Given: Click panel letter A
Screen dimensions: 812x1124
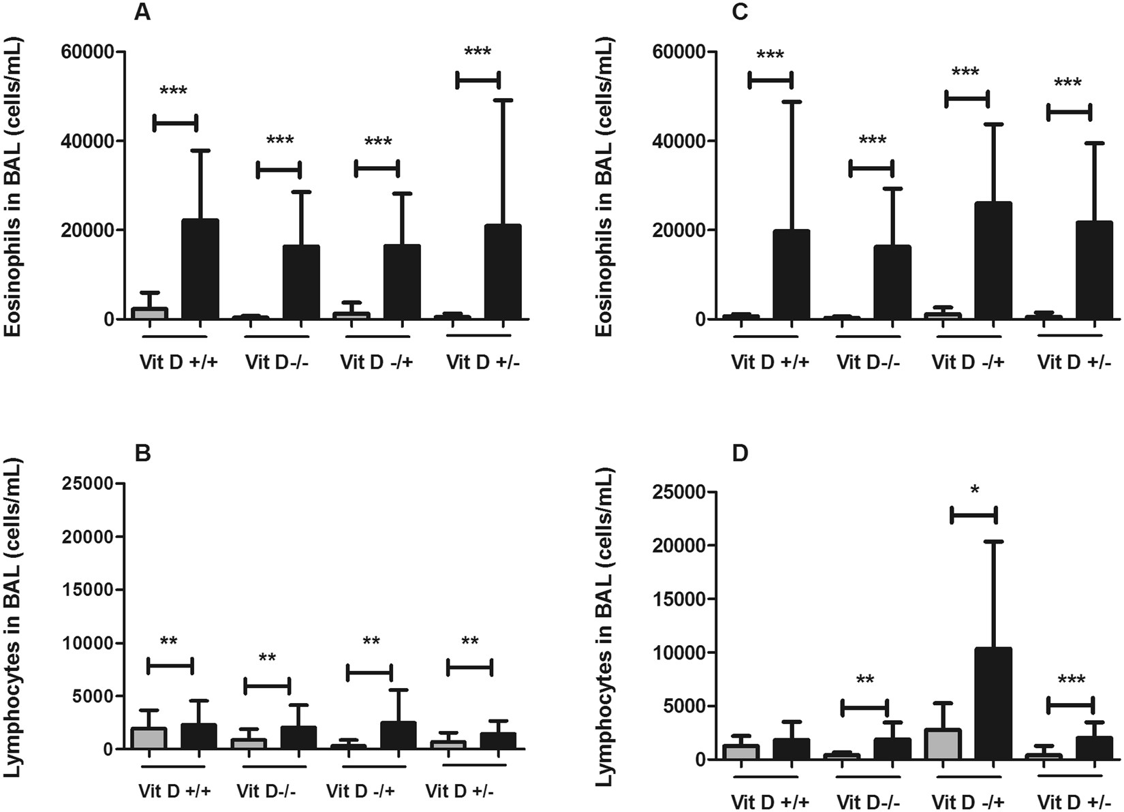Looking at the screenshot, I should click(142, 13).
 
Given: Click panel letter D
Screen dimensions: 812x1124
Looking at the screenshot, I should click(740, 454).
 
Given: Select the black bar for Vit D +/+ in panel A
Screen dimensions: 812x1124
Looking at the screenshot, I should click(200, 269).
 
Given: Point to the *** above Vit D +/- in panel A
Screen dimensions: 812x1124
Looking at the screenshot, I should click(477, 52).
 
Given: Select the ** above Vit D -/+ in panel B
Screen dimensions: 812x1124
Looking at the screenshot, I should click(371, 642).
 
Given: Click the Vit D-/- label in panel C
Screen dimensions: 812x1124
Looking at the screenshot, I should click(868, 362).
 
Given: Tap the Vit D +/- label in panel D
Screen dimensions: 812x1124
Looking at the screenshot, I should click(1074, 800).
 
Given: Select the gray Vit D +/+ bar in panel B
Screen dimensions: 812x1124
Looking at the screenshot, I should click(149, 738).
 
